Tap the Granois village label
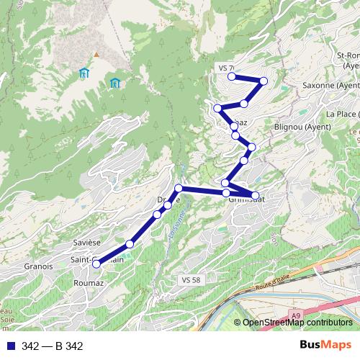pos(38,266)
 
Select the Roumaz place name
pos(89,284)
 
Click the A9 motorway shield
pos(297,315)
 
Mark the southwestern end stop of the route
pos(96,264)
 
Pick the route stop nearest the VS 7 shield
pos(232,76)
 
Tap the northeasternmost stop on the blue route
pos(264,81)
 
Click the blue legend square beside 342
pos(11,346)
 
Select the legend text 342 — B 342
pos(52,346)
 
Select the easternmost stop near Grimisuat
pos(255,195)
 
